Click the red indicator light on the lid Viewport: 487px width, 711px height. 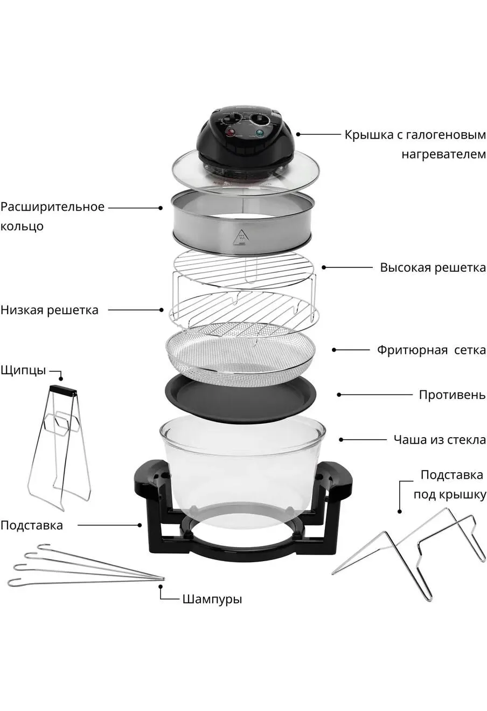pos(229,132)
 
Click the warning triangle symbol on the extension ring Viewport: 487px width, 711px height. pos(242,237)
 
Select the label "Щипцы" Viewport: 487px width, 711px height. pos(23,371)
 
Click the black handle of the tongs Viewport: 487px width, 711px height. pos(63,390)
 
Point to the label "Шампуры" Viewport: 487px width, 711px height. pos(212,599)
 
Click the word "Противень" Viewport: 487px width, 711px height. pos(453,395)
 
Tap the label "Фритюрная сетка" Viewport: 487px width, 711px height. pos(432,350)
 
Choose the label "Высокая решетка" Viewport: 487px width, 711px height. pos(433,267)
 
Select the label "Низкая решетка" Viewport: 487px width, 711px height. pos(50,310)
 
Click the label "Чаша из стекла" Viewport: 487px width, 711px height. pos(440,440)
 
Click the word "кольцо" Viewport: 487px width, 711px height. pos(22,226)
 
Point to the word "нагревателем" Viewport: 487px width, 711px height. pos(444,155)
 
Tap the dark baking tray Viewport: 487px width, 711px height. pos(240,399)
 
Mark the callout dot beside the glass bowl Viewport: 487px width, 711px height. pos(341,440)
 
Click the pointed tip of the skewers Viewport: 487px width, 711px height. pos(163,578)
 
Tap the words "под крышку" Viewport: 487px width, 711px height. pos(450,494)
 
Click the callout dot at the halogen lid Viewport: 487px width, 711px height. pos(298,134)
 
